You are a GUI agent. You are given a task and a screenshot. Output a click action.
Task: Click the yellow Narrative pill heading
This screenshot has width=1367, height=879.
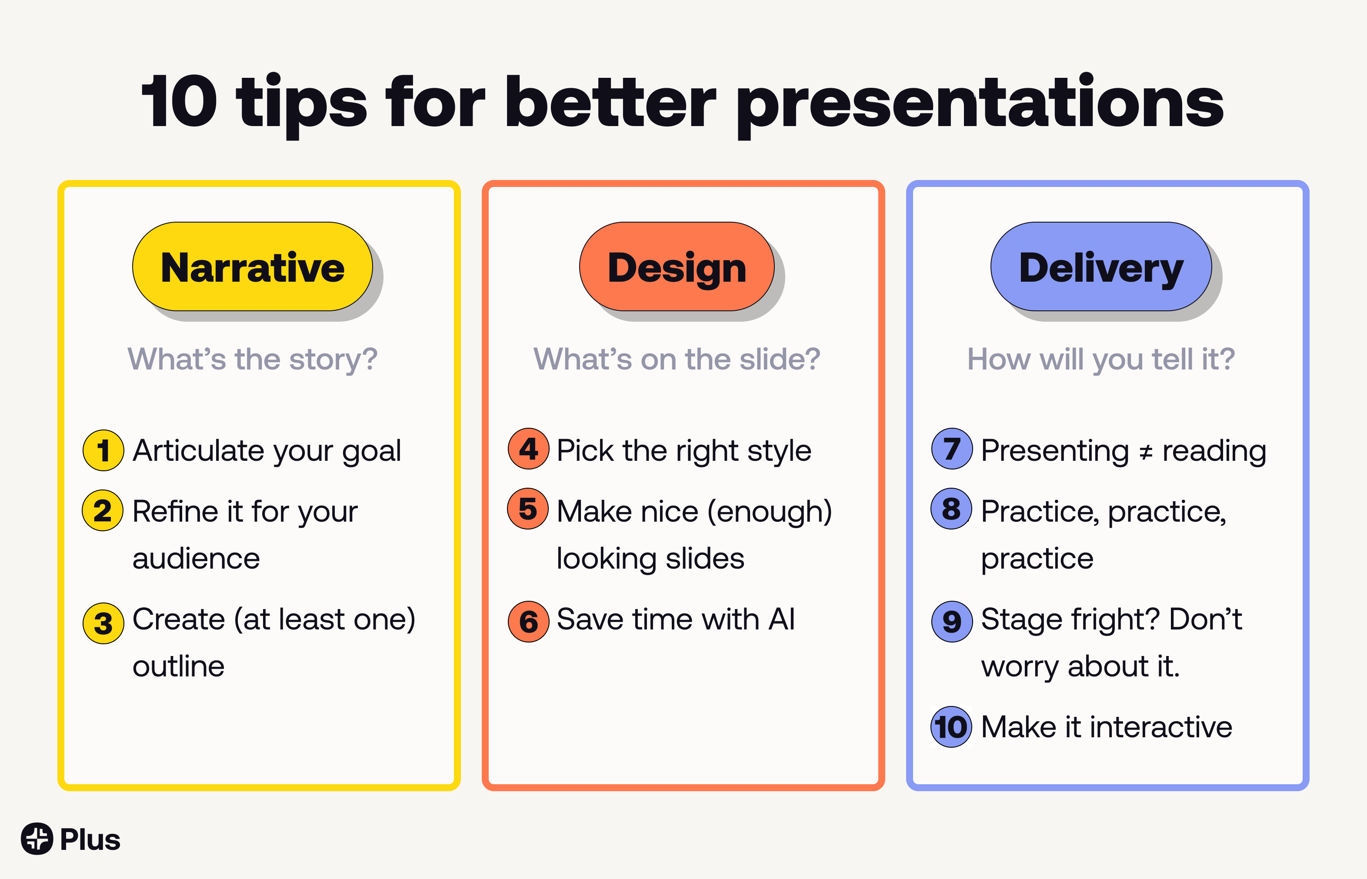pos(252,266)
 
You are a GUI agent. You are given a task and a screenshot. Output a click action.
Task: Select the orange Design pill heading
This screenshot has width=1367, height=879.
pos(677,266)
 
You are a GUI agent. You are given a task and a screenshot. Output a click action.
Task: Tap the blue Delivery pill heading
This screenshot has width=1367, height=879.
pos(1100,266)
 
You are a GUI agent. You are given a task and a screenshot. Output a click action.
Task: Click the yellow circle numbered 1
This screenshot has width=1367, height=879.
pos(103,450)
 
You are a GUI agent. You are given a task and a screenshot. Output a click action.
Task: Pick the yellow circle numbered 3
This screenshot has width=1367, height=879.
pos(103,623)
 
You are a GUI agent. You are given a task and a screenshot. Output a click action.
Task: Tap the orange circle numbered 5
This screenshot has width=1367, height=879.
pos(528,509)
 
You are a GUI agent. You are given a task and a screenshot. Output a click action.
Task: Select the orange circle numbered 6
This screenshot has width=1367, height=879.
pos(529,622)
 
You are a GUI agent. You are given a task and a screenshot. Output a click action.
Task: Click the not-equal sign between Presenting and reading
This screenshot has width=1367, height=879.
pos(1146,453)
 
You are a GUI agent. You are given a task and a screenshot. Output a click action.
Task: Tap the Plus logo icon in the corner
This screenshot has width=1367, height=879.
pos(37,839)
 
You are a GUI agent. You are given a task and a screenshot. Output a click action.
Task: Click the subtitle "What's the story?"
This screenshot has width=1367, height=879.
pos(252,360)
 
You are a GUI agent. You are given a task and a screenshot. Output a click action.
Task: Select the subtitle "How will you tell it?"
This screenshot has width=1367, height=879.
pos(1100,360)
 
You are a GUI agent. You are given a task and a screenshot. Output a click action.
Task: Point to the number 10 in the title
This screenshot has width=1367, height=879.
pos(180,103)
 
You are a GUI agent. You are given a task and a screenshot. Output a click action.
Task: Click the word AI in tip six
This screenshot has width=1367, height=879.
pos(781,620)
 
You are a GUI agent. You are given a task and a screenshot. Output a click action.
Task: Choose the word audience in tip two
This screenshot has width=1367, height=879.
pos(197,559)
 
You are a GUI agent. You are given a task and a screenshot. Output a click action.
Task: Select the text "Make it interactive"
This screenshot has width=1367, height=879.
pos(1106,727)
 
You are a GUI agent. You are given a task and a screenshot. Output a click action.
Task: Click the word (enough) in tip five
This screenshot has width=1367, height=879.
pos(770,511)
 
